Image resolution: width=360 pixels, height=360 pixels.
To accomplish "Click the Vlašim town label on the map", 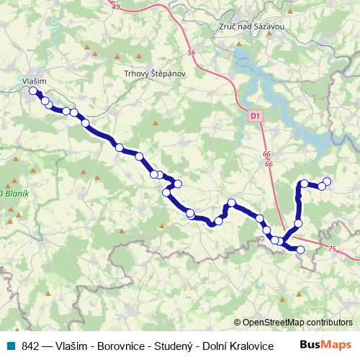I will (35, 82).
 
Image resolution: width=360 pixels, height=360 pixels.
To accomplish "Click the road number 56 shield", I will (191, 53).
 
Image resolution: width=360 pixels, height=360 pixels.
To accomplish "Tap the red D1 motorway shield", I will (253, 114).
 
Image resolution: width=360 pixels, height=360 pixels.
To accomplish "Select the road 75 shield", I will (331, 248).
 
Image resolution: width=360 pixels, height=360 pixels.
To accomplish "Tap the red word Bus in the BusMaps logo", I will (311, 346).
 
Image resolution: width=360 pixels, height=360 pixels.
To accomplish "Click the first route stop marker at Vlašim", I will (32, 91).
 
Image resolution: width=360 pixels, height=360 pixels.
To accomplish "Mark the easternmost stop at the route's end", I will (327, 181).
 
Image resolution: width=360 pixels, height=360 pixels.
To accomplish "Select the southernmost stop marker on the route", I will (300, 250).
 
